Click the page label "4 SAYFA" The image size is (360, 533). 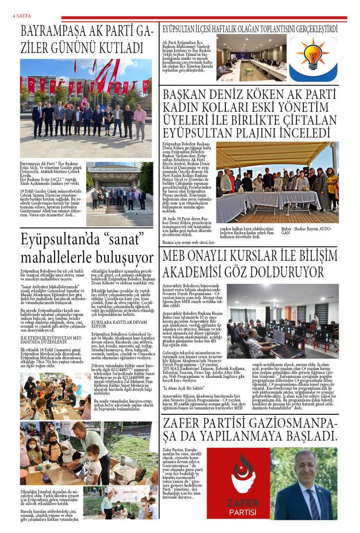point(21,16)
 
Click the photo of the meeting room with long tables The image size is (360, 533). point(251,57)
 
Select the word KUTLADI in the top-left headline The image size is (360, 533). point(117,48)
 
